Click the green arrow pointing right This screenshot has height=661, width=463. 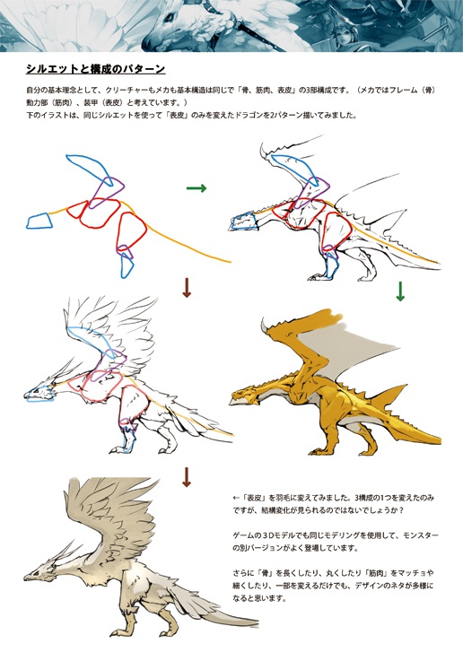click(197, 188)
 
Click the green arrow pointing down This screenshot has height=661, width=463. click(400, 291)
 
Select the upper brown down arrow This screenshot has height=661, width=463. click(187, 287)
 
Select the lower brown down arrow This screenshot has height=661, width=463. click(187, 476)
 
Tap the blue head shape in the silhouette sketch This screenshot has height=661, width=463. click(39, 221)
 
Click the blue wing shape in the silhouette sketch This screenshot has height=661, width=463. click(91, 170)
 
